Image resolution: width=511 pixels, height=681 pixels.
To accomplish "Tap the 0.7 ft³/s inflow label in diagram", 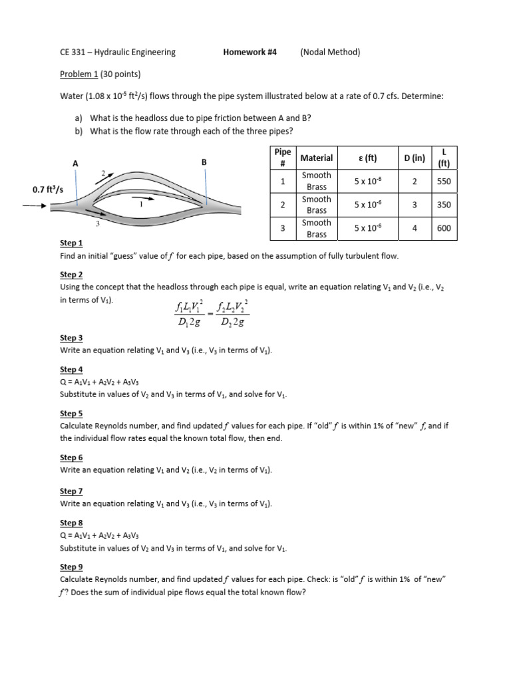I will click(x=49, y=190).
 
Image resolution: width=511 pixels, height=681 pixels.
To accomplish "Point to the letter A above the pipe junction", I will click(x=75, y=163).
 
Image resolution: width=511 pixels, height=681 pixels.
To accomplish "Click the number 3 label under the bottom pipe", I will click(x=97, y=223).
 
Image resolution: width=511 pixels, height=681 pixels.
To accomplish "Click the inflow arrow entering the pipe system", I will click(x=35, y=205).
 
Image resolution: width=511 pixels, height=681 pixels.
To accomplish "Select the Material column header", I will click(x=317, y=158).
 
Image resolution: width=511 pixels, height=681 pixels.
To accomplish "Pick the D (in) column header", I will click(x=415, y=158).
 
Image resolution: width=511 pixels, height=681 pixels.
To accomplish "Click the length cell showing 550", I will click(x=444, y=181).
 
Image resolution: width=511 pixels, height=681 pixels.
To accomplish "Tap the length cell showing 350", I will click(x=444, y=205).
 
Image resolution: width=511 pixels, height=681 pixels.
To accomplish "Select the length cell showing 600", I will click(x=444, y=228).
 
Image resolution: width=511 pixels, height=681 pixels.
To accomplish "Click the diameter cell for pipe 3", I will click(x=415, y=228).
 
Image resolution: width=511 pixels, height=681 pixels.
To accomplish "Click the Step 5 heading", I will click(x=71, y=413).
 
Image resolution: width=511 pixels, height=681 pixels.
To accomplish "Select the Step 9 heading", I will click(x=71, y=567).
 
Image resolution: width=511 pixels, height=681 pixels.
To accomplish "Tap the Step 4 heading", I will click(x=71, y=369).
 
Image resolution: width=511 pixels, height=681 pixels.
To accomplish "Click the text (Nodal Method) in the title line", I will click(x=330, y=52).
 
